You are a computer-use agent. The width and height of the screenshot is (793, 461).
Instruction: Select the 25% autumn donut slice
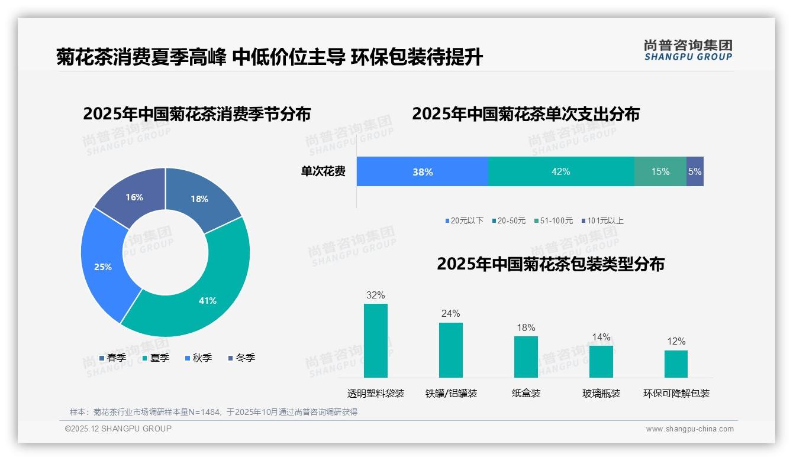tap(104, 266)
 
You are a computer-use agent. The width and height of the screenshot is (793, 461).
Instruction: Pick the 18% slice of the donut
tap(200, 198)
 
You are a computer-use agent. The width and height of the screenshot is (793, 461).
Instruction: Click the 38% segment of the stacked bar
tap(423, 172)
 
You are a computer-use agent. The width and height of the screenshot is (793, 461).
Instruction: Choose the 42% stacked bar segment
tap(560, 172)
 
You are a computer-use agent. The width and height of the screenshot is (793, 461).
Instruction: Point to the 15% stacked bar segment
tap(660, 172)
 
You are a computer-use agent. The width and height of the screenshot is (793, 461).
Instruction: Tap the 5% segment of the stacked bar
tap(695, 172)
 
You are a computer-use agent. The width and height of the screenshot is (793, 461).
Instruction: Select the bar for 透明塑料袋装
tap(376, 341)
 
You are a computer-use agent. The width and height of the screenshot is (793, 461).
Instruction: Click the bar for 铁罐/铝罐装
tap(451, 350)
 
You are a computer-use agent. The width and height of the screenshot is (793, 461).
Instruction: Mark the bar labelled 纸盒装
tap(526, 357)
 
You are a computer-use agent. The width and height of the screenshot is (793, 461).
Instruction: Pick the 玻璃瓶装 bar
tap(601, 362)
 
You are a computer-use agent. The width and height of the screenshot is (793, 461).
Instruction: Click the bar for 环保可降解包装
tap(676, 364)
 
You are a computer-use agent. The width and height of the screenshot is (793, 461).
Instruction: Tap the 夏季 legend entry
tap(156, 358)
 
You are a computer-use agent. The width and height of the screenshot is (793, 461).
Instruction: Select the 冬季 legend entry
tap(241, 358)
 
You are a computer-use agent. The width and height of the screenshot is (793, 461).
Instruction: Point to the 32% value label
tap(376, 295)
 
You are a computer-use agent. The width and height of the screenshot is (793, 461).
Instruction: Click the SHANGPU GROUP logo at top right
tap(688, 50)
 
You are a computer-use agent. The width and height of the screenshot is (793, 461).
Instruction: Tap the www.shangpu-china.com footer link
tap(689, 429)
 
